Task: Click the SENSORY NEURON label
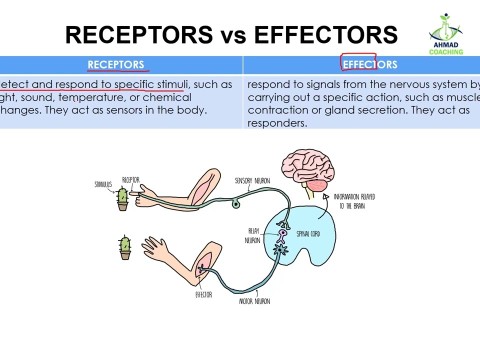pyautogui.click(x=252, y=181)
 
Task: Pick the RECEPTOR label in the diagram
pyautogui.click(x=131, y=179)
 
